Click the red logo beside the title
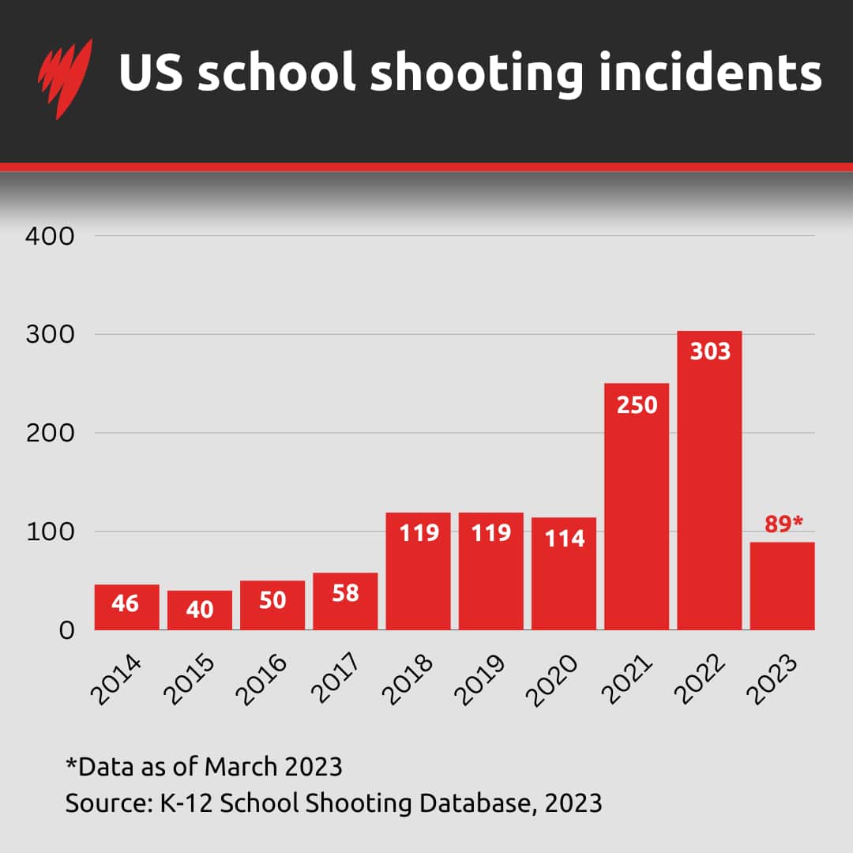coord(65,77)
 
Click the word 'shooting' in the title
coord(477,73)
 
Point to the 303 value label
coord(710,351)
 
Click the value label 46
coord(126,604)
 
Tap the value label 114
coord(564,538)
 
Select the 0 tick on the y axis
coord(66,630)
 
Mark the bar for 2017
coord(345,602)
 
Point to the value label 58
coord(345,592)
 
